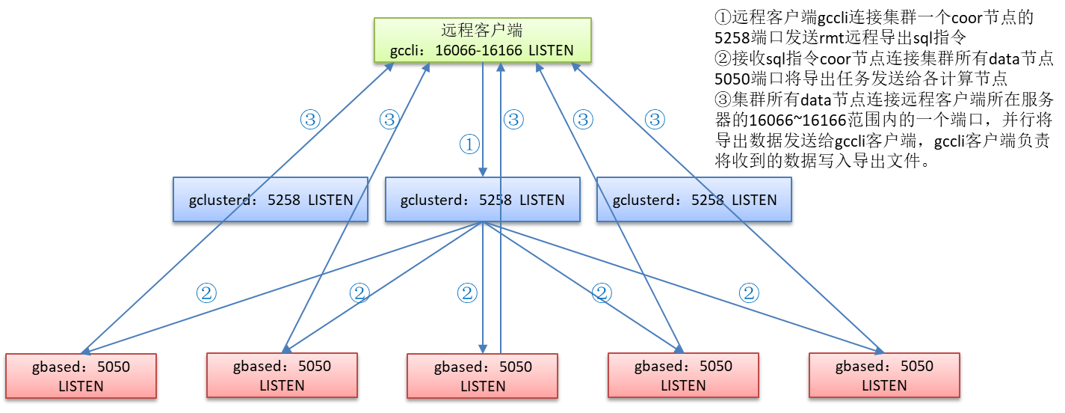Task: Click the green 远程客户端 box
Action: click(x=483, y=40)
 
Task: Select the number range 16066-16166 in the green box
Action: click(x=479, y=50)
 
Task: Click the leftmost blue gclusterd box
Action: click(x=271, y=199)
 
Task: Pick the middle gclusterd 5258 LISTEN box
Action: click(x=483, y=199)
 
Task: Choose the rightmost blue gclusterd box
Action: click(x=694, y=199)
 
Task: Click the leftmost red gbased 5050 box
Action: click(x=81, y=376)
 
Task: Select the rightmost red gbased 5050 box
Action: click(x=884, y=376)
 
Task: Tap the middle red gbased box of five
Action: click(x=483, y=376)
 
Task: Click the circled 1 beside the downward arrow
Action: click(x=469, y=144)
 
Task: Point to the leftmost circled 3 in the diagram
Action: click(x=310, y=120)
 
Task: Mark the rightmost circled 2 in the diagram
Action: click(x=749, y=293)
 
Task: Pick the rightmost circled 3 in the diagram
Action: click(x=655, y=120)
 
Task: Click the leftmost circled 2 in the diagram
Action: click(x=206, y=293)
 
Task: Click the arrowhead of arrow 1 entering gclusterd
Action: click(x=483, y=172)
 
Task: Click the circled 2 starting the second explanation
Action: click(x=723, y=58)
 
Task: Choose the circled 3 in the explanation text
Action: click(x=723, y=100)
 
